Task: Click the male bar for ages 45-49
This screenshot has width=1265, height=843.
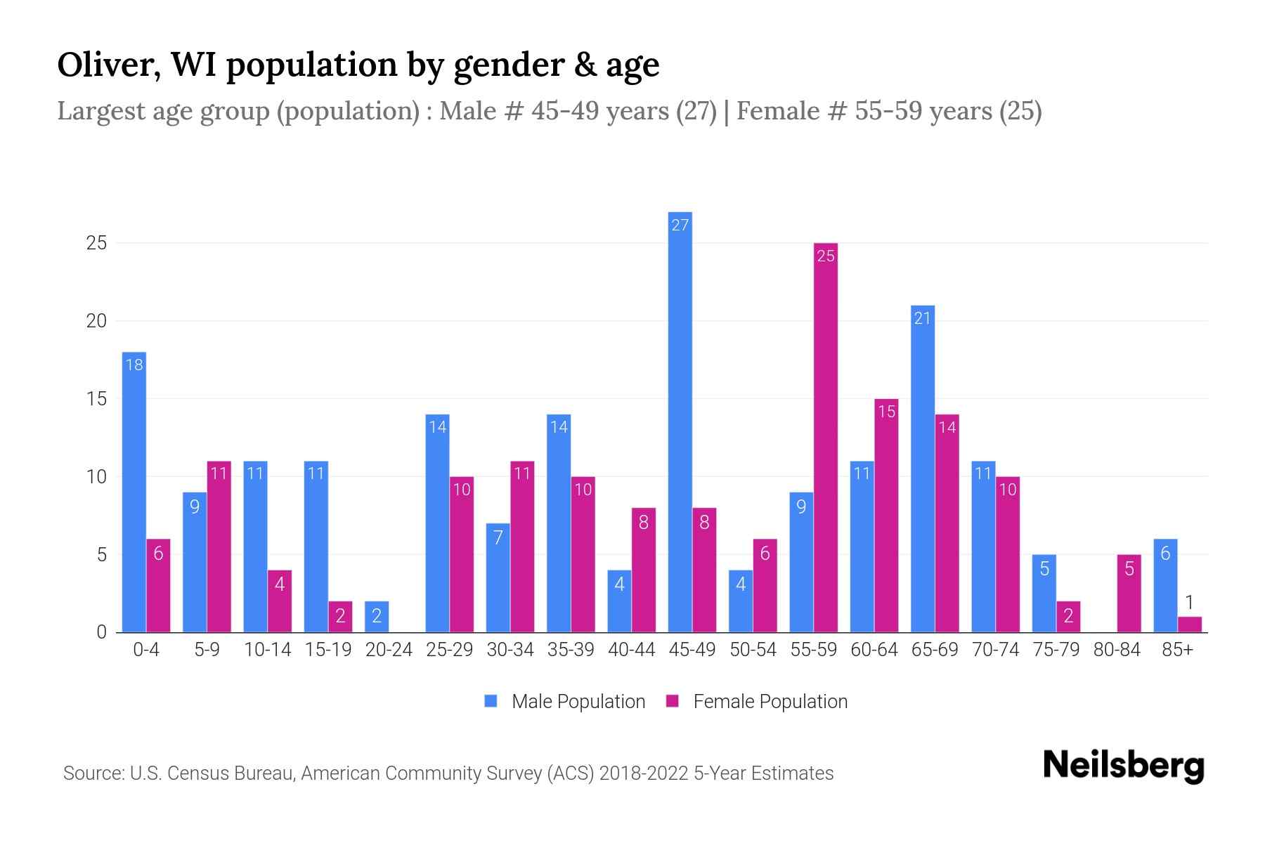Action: click(680, 421)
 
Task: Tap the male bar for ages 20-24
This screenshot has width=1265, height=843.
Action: click(377, 617)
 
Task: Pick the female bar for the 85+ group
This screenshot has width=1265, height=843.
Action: click(1190, 625)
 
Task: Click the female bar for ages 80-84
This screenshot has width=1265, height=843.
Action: click(1129, 594)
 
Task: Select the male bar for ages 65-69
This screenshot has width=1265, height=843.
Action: click(923, 469)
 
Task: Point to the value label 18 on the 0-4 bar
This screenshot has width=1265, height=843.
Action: click(134, 365)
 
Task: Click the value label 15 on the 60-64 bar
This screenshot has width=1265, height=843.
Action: click(887, 412)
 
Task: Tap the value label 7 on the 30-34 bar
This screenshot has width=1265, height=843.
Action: click(498, 538)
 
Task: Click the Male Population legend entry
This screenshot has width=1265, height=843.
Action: click(564, 702)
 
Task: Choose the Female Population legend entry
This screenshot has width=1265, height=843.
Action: click(756, 702)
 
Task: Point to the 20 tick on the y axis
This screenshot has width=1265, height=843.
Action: click(96, 321)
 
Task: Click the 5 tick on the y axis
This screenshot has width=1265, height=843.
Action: click(102, 555)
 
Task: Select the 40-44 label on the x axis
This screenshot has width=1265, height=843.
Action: click(631, 650)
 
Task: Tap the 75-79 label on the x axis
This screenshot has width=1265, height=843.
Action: click(1056, 650)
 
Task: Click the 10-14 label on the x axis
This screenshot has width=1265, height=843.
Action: click(267, 650)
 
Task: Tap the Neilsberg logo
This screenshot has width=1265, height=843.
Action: click(1123, 766)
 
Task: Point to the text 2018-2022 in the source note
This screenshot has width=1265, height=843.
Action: click(644, 773)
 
